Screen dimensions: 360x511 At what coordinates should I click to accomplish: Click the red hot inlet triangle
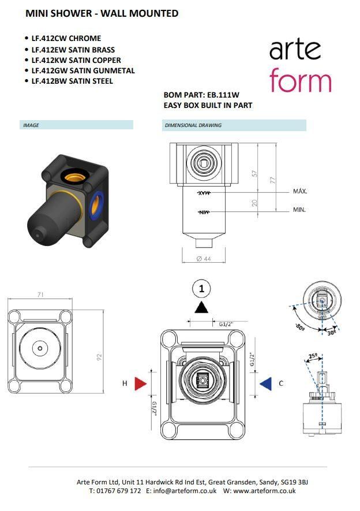tap(140, 383)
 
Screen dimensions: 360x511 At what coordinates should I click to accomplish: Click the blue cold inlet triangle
tap(267, 383)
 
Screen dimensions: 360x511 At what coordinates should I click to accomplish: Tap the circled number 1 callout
tap(201, 289)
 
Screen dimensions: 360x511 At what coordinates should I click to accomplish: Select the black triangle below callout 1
tap(201, 307)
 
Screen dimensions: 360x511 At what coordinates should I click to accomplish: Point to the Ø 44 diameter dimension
tap(204, 259)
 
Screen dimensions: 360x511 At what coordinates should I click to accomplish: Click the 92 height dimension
tap(99, 357)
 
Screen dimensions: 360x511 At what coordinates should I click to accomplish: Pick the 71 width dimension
tap(40, 294)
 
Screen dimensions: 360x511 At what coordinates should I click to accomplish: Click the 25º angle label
tap(313, 356)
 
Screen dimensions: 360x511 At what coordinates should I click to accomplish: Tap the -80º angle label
tap(300, 327)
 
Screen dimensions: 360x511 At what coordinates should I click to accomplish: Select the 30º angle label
tap(331, 333)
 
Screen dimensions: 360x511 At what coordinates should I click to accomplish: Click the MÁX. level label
tap(300, 191)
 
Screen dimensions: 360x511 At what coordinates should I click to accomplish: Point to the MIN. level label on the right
tap(299, 210)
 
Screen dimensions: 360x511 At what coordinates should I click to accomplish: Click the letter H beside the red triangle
tap(125, 383)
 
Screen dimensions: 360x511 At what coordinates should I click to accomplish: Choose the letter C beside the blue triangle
tap(281, 383)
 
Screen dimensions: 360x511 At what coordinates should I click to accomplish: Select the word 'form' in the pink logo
tap(301, 80)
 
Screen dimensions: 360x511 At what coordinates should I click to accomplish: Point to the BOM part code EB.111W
tap(223, 95)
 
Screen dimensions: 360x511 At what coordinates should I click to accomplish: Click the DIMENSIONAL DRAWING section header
tap(193, 125)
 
